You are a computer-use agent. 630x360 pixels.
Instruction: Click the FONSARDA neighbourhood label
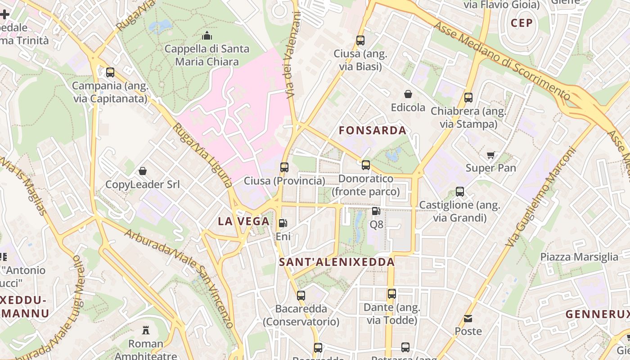[x=372, y=130]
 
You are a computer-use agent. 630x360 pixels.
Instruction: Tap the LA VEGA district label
[x=243, y=221]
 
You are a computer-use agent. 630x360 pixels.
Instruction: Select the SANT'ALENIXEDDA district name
[x=337, y=262]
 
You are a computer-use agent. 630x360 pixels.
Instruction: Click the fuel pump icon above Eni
[x=283, y=223]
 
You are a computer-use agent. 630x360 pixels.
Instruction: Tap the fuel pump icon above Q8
[x=376, y=211]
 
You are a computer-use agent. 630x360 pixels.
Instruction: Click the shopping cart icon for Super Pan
[x=490, y=155]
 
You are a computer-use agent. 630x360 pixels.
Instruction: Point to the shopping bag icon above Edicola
[x=408, y=94]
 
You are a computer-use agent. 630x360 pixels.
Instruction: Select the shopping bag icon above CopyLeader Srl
[x=143, y=171]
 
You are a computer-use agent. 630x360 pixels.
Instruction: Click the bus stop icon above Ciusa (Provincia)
[x=284, y=167]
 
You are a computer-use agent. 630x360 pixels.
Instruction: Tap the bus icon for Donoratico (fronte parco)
[x=366, y=165]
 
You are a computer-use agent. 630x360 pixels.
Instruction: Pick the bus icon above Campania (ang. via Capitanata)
[x=110, y=72]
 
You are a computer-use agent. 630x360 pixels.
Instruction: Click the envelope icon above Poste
[x=468, y=319]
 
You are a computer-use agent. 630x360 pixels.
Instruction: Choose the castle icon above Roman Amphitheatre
[x=146, y=330]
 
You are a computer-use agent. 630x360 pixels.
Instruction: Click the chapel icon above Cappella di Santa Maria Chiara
[x=207, y=35]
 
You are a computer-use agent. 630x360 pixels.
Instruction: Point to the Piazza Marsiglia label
[x=579, y=257]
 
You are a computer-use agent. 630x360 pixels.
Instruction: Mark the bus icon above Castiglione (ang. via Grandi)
[x=460, y=192]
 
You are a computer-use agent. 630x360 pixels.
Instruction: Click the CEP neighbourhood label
[x=522, y=23]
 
